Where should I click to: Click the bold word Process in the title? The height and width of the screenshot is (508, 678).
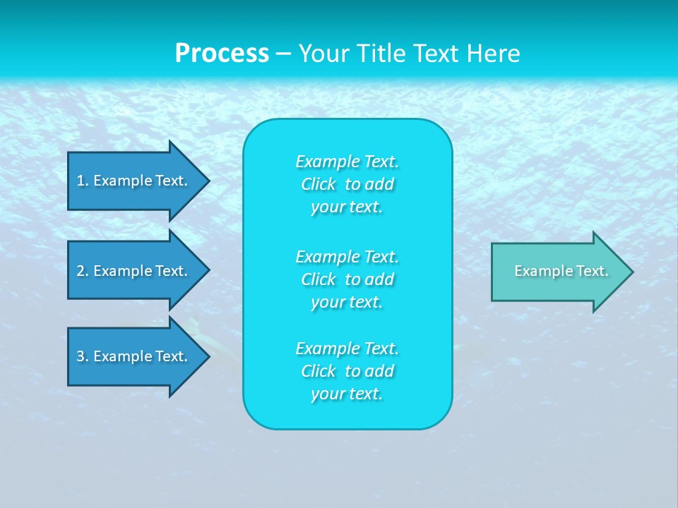222,54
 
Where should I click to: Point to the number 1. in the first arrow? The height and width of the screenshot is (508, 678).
82,181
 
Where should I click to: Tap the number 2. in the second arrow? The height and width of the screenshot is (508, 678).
82,271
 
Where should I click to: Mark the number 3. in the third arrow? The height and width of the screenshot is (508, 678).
82,356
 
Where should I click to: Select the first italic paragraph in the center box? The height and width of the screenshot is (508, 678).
347,184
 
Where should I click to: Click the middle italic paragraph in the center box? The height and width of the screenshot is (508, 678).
347,279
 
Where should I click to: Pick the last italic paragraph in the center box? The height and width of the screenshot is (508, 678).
347,371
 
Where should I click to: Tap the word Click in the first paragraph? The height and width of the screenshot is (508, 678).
318,184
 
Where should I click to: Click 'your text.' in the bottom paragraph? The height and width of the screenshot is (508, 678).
347,394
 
